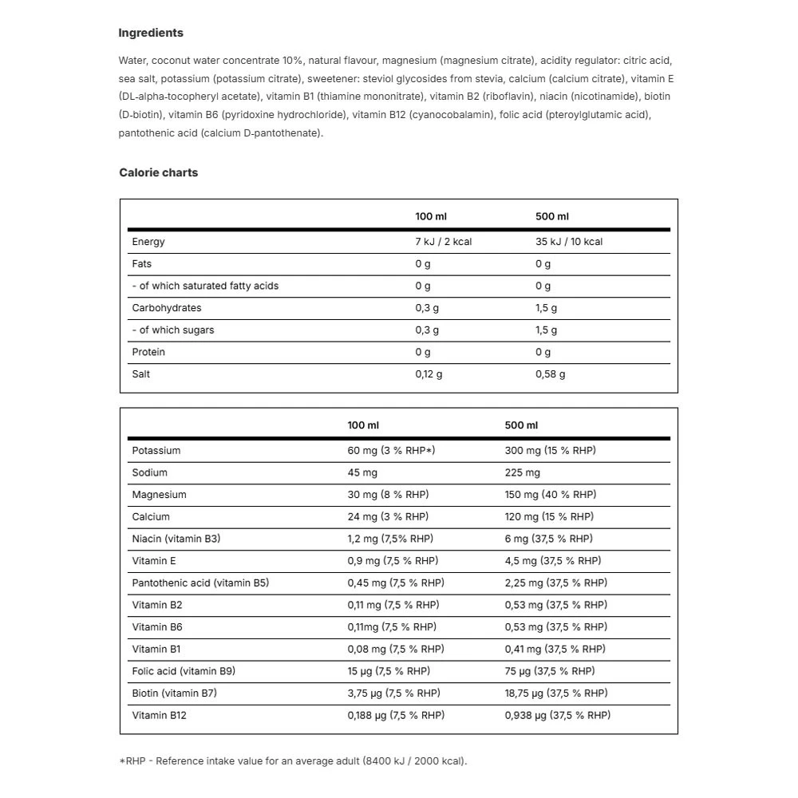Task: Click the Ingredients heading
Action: click(x=151, y=33)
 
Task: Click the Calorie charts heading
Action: click(x=158, y=172)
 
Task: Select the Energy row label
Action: click(x=148, y=242)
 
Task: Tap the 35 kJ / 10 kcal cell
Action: click(x=569, y=242)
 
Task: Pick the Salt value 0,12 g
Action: click(x=429, y=374)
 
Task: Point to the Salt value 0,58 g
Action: click(x=550, y=374)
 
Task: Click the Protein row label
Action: click(x=148, y=352)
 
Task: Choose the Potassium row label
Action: click(x=156, y=450)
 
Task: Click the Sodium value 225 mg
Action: click(x=523, y=472)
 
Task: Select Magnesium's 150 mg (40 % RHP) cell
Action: click(x=550, y=495)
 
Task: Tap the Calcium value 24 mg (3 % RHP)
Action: click(x=388, y=516)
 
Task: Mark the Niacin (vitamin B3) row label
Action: click(x=176, y=539)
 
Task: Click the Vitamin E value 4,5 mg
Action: click(x=553, y=561)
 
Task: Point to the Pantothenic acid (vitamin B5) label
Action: click(x=200, y=583)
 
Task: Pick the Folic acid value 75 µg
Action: click(x=550, y=671)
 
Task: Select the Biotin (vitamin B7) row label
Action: click(x=175, y=693)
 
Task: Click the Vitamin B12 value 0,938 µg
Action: click(x=557, y=715)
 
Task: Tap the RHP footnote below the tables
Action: click(x=293, y=760)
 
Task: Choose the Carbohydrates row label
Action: click(x=167, y=308)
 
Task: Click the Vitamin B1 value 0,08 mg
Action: click(x=396, y=649)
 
